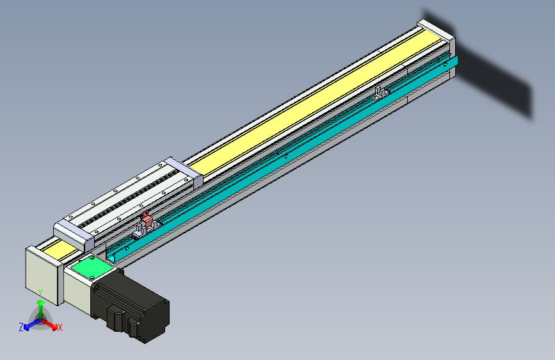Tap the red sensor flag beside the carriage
147,220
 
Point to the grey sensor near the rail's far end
382,92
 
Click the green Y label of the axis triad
40,293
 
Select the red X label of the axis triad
60,328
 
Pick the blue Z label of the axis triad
21,327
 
